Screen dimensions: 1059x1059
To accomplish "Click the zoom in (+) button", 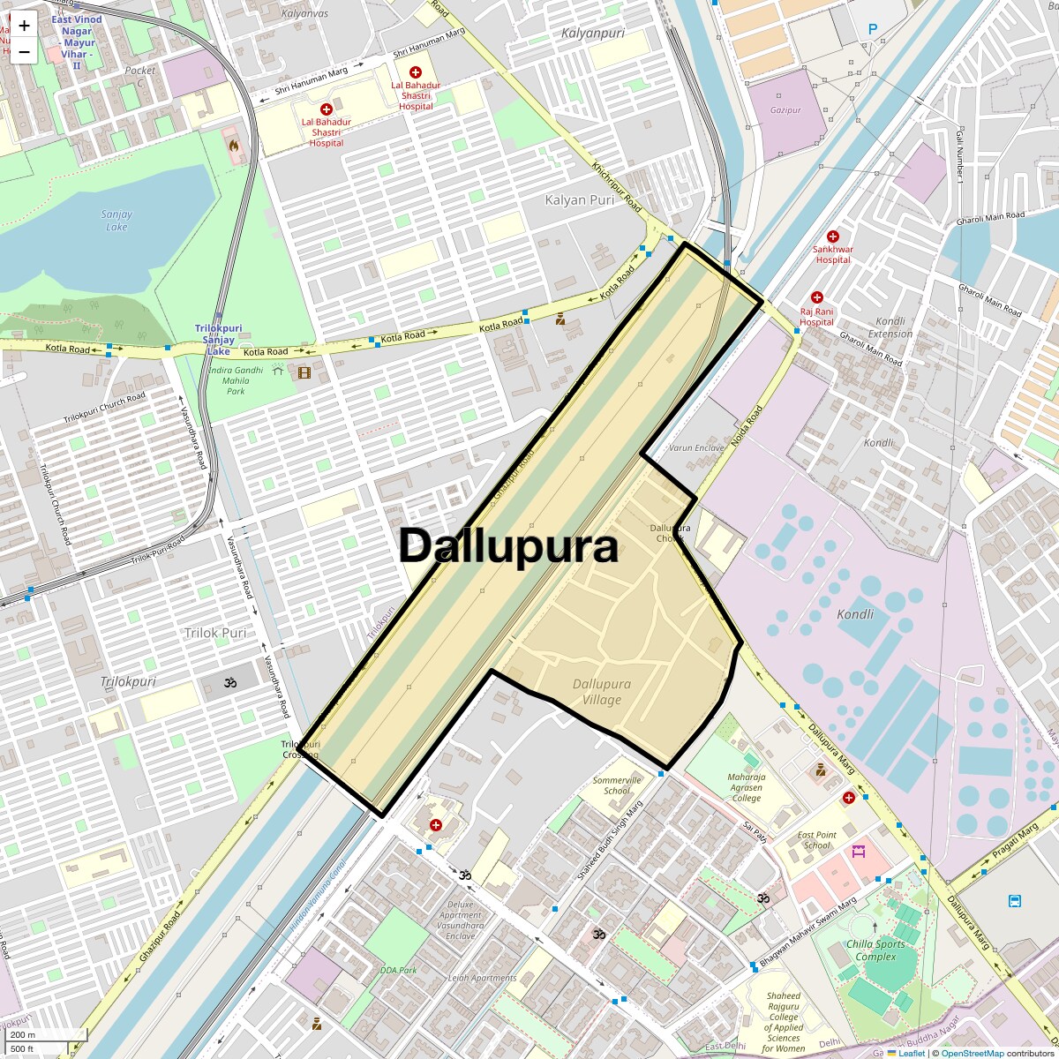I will coord(24,26).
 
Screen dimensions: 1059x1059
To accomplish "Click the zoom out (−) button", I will coord(24,51).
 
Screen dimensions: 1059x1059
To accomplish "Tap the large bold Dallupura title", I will coord(507,546).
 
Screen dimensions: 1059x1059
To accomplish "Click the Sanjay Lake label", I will coord(116,221).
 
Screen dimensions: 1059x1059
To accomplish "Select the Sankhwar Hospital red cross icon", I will coord(832,237).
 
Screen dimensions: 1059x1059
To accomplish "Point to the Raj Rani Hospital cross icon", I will coord(817,298).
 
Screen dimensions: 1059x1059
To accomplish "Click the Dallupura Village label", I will coord(601,692).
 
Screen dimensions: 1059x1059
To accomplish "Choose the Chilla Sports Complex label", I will coord(876,950).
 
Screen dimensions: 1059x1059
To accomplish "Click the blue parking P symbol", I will coord(873,29).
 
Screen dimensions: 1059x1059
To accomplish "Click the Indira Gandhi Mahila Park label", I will coord(236,380).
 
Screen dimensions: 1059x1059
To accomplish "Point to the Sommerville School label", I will coord(617,785).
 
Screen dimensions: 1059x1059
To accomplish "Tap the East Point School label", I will coord(816,840).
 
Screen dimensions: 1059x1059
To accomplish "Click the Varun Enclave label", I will coord(696,448).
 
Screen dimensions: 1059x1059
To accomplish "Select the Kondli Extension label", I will coord(890,327).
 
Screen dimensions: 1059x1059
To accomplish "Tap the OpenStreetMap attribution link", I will coord(972,1053).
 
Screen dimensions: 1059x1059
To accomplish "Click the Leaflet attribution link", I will coord(911,1053).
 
